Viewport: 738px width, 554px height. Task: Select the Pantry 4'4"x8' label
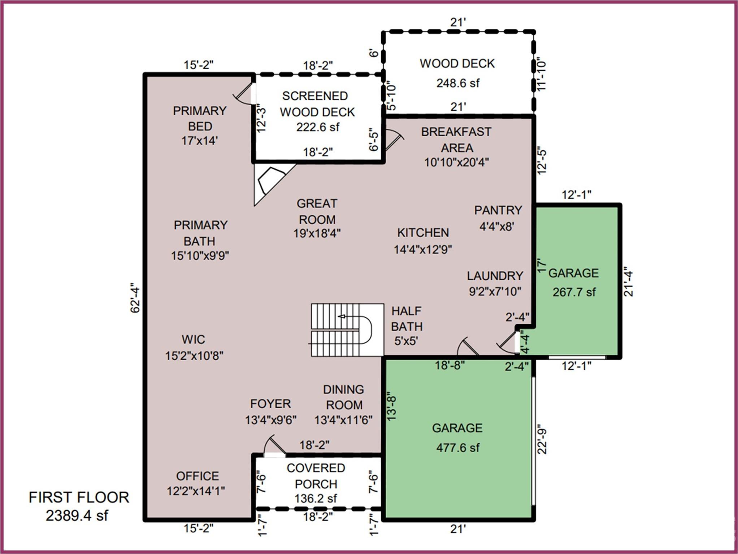click(498, 218)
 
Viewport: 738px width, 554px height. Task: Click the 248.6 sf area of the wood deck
click(457, 83)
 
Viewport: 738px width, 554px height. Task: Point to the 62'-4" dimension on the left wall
click(135, 298)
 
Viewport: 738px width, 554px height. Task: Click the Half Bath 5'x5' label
click(407, 326)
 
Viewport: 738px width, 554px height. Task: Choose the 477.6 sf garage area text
click(457, 448)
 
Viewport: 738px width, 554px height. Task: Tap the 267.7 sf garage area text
click(574, 292)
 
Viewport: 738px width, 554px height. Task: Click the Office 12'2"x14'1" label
click(196, 483)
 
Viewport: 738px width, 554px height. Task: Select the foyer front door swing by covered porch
click(273, 447)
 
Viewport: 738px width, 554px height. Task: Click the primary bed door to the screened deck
click(243, 94)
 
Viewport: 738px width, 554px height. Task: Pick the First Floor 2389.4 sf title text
click(78, 506)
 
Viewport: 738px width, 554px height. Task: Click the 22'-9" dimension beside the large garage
click(542, 441)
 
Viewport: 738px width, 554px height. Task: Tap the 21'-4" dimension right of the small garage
click(629, 283)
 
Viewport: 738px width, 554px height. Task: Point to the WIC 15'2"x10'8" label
click(194, 347)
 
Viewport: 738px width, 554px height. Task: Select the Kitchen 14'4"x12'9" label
click(423, 241)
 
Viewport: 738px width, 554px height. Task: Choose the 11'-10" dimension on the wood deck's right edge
click(542, 75)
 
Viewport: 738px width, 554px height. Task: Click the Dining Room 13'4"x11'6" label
click(343, 405)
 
